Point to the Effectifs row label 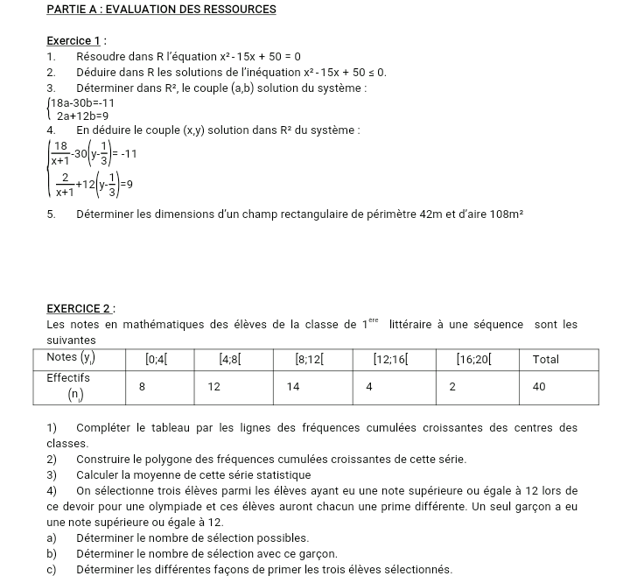point(70,377)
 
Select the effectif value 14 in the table point(293,386)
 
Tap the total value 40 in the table point(540,386)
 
